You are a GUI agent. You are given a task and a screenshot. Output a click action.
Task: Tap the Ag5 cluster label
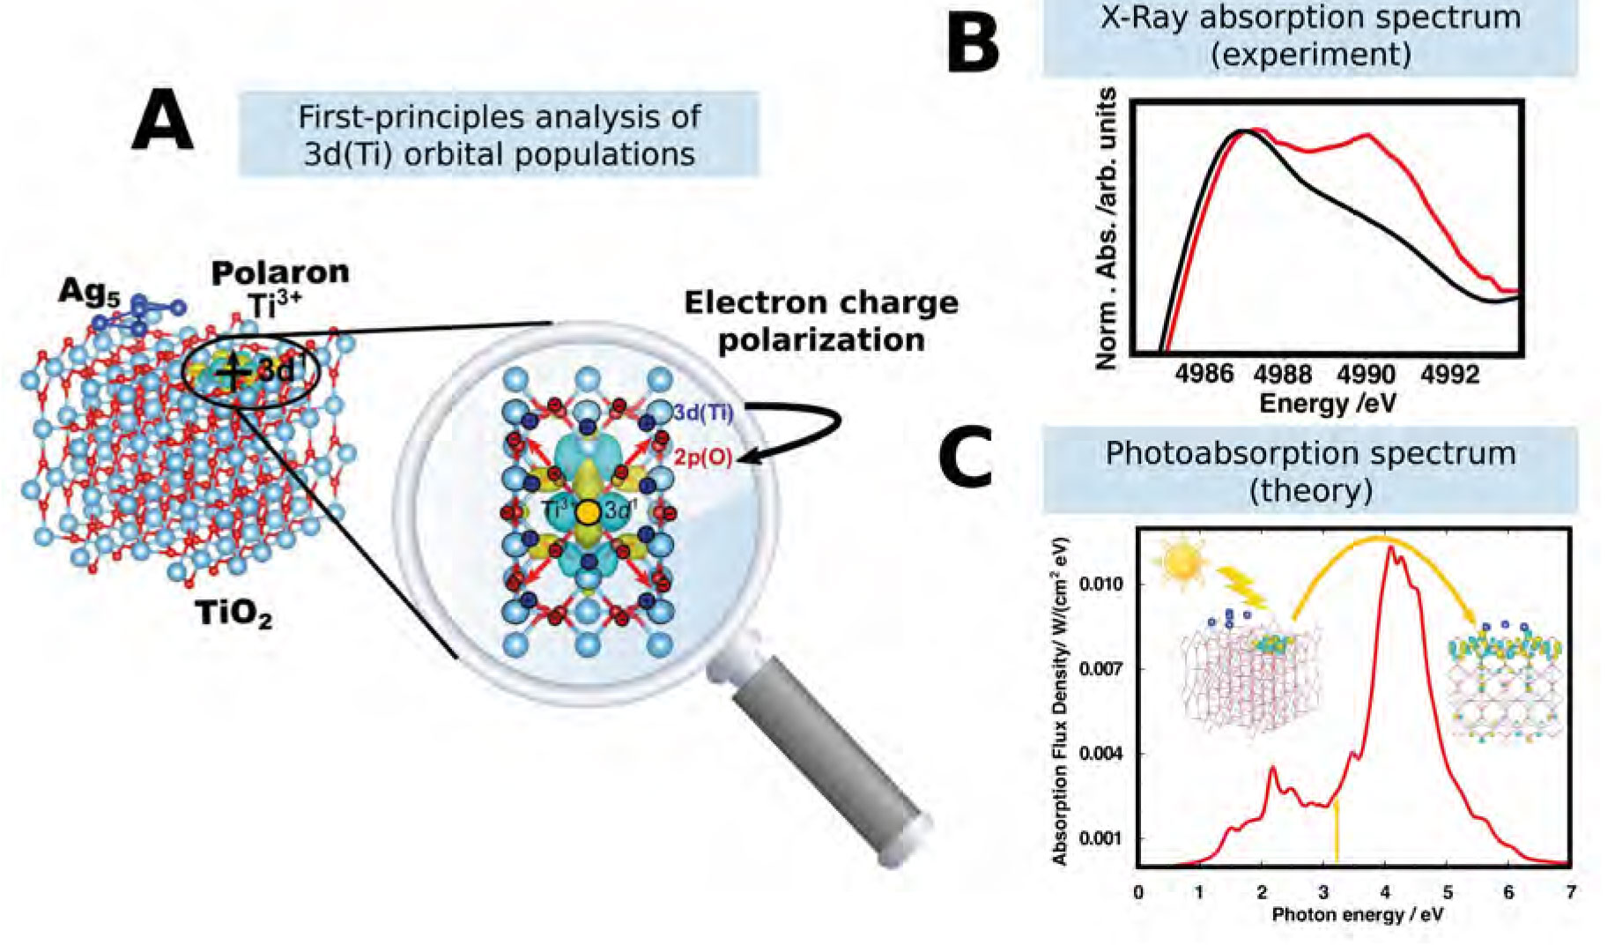(x=88, y=292)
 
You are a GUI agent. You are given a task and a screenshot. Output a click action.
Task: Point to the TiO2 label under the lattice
(x=233, y=612)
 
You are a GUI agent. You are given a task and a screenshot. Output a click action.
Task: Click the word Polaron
(x=280, y=272)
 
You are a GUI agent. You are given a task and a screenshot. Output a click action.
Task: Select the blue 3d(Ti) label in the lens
(x=703, y=412)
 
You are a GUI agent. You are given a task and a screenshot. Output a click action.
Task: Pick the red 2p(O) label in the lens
(x=704, y=458)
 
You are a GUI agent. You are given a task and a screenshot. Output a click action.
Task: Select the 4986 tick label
(x=1204, y=375)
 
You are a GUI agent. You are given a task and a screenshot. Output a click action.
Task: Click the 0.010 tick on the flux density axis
(x=1101, y=584)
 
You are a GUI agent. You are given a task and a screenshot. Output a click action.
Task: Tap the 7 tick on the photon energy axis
(x=1569, y=892)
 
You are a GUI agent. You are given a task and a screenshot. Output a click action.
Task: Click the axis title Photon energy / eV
(x=1358, y=915)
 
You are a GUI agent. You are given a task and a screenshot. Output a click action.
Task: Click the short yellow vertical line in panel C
(x=1337, y=830)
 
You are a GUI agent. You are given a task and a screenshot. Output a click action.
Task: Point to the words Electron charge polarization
(x=821, y=321)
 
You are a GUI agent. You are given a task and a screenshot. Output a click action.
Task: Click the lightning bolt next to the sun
(x=1242, y=590)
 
